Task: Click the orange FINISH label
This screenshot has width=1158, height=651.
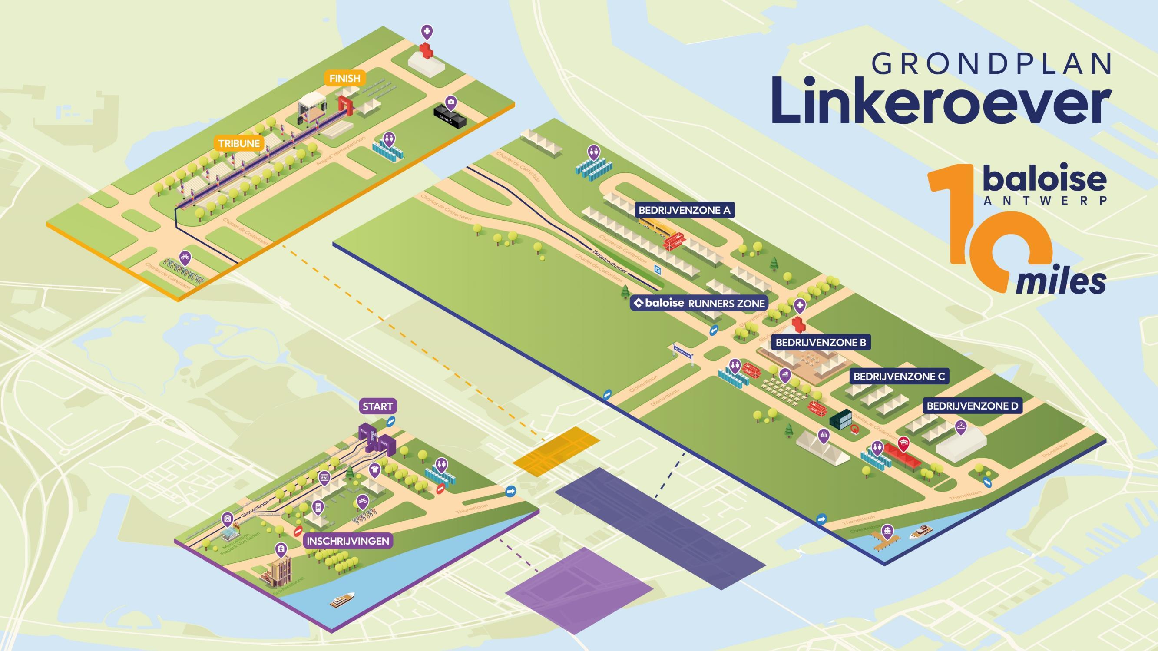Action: click(344, 78)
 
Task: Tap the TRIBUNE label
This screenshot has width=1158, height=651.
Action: click(239, 143)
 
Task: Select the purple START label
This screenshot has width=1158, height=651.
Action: click(377, 406)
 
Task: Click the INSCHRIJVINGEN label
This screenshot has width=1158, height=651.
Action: click(347, 541)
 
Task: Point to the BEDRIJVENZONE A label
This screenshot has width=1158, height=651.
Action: click(685, 210)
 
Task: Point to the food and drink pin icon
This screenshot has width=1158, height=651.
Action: click(784, 374)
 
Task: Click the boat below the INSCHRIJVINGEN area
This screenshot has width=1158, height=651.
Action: click(343, 599)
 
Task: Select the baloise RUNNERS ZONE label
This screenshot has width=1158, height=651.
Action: click(699, 304)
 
